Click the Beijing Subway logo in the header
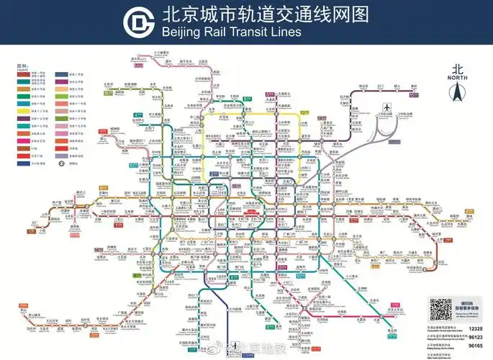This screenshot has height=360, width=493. pyautogui.click(x=138, y=22)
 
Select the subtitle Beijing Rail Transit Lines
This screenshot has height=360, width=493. pyautogui.click(x=231, y=32)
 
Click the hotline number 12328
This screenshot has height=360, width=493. pyautogui.click(x=475, y=328)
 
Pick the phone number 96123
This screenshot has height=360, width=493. pyautogui.click(x=475, y=337)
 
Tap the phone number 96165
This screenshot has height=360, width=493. pyautogui.click(x=475, y=346)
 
